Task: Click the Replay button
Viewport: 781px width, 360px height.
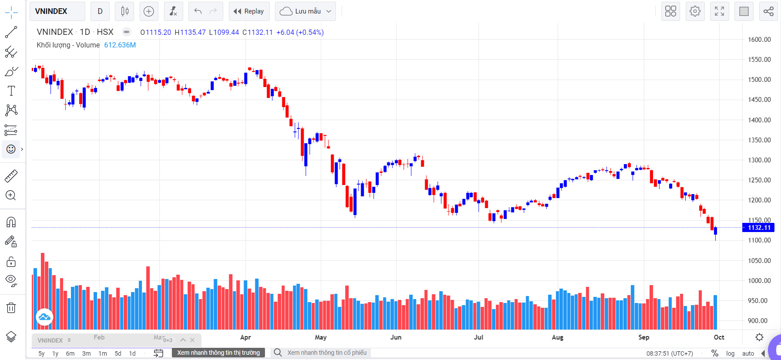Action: pyautogui.click(x=249, y=11)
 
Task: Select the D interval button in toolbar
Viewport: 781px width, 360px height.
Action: pyautogui.click(x=100, y=11)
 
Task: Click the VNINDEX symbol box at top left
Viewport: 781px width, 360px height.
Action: pyautogui.click(x=57, y=11)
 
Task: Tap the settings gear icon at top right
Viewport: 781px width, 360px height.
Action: pyautogui.click(x=695, y=11)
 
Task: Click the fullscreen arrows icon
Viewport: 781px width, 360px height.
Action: pyautogui.click(x=719, y=11)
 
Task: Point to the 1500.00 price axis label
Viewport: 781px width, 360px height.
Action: pyautogui.click(x=759, y=80)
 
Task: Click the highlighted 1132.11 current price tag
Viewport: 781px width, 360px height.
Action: pyautogui.click(x=759, y=228)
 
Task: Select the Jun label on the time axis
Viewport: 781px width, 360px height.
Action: pyautogui.click(x=396, y=337)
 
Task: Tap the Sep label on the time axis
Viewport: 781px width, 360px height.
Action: pyautogui.click(x=644, y=337)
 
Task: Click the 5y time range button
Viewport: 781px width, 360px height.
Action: pyautogui.click(x=41, y=353)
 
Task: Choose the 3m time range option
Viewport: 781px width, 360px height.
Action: pyautogui.click(x=87, y=353)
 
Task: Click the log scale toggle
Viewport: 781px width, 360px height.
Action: pyautogui.click(x=730, y=353)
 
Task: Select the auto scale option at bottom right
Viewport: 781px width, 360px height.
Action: pyautogui.click(x=748, y=353)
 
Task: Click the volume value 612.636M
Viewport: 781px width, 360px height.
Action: pyautogui.click(x=120, y=45)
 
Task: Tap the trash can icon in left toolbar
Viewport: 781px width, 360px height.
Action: pyautogui.click(x=11, y=308)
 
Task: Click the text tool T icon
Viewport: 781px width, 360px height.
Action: pyautogui.click(x=11, y=91)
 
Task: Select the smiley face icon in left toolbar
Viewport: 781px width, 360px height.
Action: pyautogui.click(x=11, y=149)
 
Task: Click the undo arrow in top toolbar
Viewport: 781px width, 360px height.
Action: pyautogui.click(x=198, y=11)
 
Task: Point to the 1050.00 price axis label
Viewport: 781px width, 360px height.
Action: pyautogui.click(x=759, y=261)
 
